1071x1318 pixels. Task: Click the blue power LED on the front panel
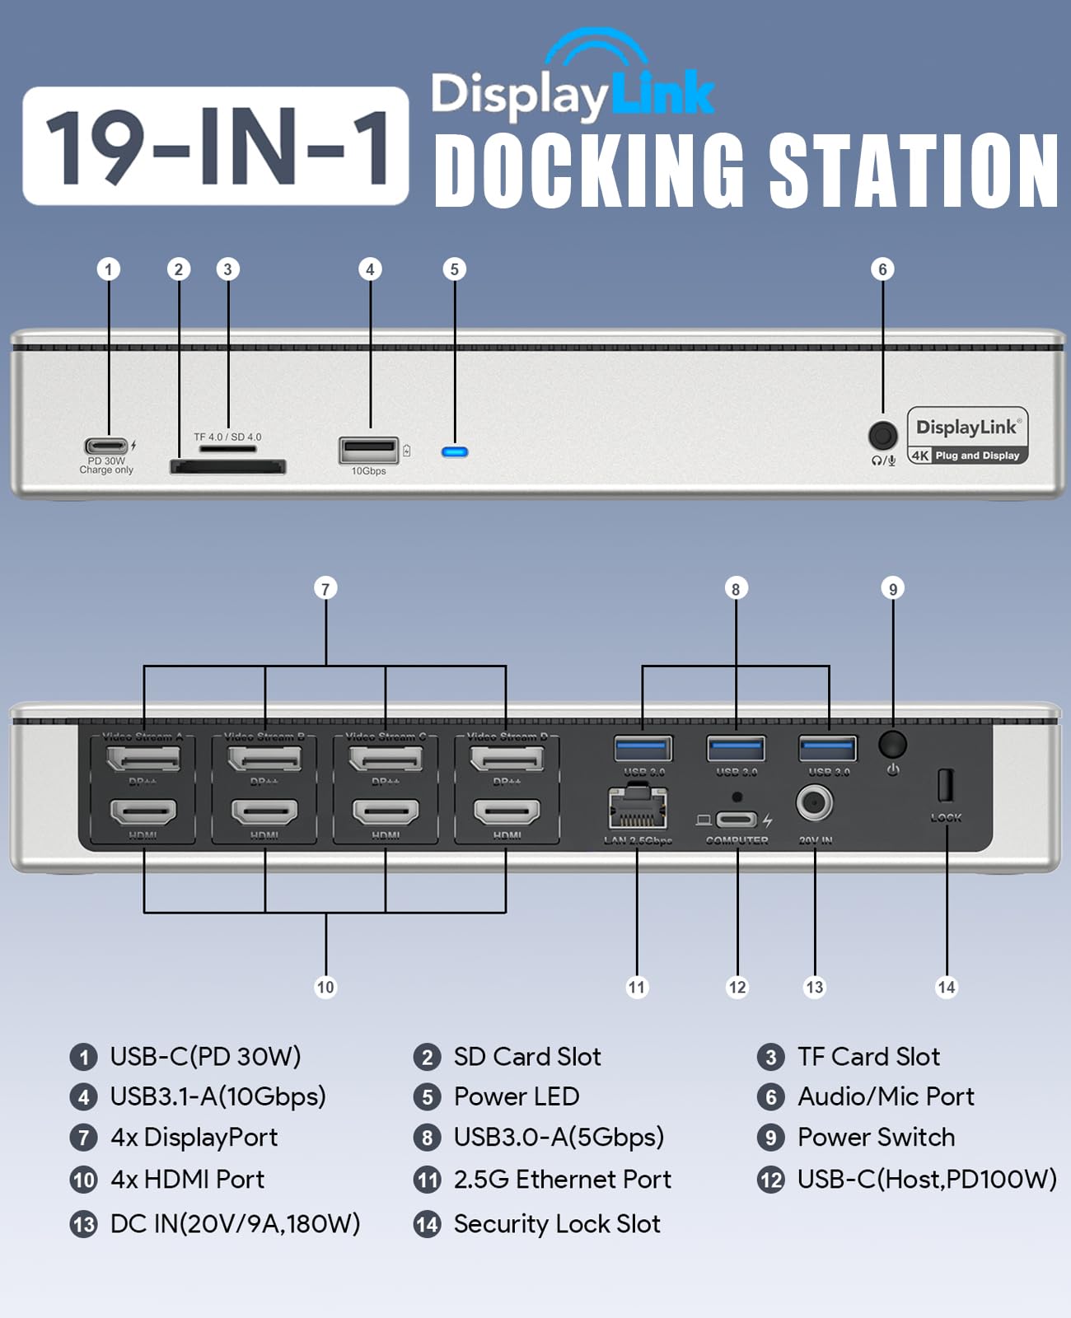click(455, 451)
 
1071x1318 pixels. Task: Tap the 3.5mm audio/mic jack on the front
click(883, 435)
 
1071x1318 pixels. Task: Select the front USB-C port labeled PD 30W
click(107, 446)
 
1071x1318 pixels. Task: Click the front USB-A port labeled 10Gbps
click(368, 451)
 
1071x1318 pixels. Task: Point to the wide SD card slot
click(227, 467)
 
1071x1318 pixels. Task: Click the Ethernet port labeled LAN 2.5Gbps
click(637, 808)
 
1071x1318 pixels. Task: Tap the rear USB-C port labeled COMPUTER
click(736, 820)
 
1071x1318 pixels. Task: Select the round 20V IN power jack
click(814, 803)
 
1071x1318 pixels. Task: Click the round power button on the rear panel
click(892, 744)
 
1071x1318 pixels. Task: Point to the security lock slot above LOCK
click(945, 785)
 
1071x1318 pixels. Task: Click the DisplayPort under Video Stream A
click(143, 758)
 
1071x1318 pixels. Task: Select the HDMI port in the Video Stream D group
click(507, 812)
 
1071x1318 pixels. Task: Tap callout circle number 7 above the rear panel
click(325, 588)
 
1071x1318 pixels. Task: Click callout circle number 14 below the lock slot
click(947, 987)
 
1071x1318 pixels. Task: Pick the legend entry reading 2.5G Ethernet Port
click(562, 1180)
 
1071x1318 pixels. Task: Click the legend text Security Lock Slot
click(557, 1224)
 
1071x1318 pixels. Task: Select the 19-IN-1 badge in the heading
click(216, 146)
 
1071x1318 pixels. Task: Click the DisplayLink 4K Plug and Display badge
click(968, 436)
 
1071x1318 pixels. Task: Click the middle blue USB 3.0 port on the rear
click(736, 749)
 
